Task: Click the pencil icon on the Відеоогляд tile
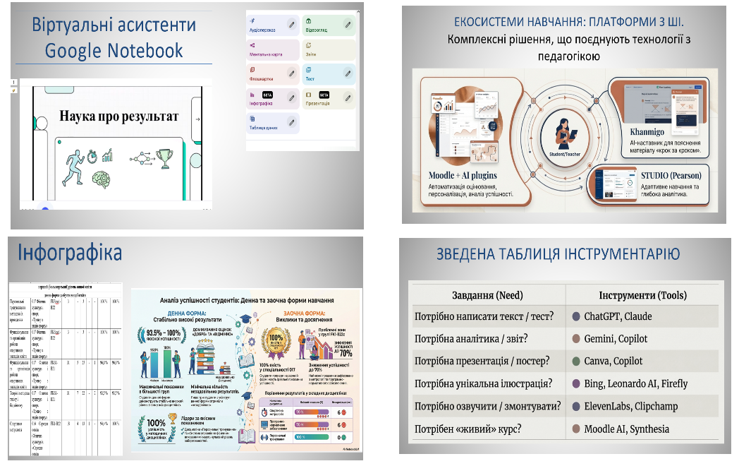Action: pyautogui.click(x=348, y=25)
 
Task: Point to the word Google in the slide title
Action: pyautogui.click(x=75, y=51)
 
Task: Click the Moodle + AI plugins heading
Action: pyautogui.click(x=463, y=175)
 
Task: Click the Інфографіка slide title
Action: pyautogui.click(x=70, y=253)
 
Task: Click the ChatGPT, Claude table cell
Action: pyautogui.click(x=618, y=316)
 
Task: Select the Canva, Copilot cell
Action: pyautogui.click(x=613, y=361)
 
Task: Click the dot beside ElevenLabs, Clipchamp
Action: pyautogui.click(x=577, y=406)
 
